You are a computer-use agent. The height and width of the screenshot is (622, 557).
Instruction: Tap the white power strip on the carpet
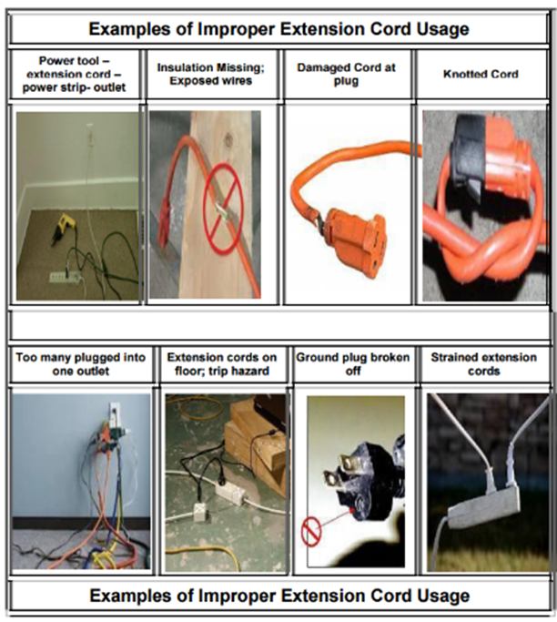click(x=65, y=277)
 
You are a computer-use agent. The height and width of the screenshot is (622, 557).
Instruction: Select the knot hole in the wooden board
click(x=228, y=139)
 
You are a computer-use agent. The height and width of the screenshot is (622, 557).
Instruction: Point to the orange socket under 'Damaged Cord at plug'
click(x=354, y=241)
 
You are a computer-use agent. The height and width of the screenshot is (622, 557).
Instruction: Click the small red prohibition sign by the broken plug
click(x=311, y=533)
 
